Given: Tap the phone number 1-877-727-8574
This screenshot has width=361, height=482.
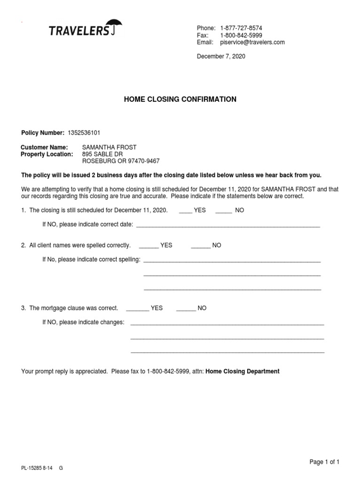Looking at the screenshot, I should tap(241, 28).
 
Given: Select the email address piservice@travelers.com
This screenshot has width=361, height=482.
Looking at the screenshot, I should tap(252, 42).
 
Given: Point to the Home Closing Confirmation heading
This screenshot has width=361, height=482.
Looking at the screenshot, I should tap(180, 99).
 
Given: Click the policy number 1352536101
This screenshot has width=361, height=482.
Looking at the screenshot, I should tap(84, 133).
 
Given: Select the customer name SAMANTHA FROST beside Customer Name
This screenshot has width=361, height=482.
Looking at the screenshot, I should tap(110, 147).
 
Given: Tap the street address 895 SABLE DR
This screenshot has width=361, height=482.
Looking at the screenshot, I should tap(102, 154).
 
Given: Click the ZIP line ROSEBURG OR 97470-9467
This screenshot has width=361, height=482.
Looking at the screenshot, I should tap(121, 161).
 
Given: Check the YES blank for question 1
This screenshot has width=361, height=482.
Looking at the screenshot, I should tap(186, 211).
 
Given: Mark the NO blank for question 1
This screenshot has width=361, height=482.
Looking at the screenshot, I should tap(224, 211).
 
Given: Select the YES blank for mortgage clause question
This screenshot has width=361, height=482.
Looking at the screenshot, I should tap(138, 309).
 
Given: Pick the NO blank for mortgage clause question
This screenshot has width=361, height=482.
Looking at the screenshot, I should tap(186, 309).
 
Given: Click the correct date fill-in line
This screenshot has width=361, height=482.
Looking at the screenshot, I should tap(228, 225).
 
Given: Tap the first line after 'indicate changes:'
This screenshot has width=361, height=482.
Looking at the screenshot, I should tap(227, 323).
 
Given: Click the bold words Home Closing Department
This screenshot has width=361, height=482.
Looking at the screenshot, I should tap(243, 371).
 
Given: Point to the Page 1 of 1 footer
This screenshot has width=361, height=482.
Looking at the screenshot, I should tap(324, 462).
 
